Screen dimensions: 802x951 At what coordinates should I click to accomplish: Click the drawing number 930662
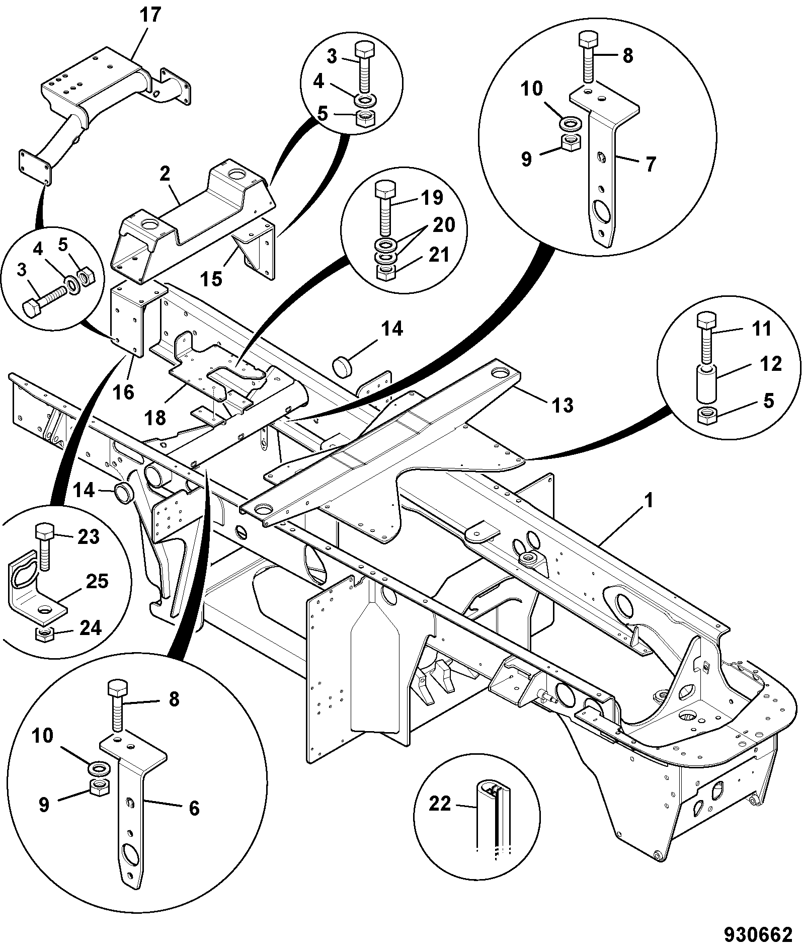tap(758, 935)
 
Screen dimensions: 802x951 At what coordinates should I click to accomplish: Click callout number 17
tap(150, 15)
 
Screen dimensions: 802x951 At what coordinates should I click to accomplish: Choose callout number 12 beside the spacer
tap(770, 363)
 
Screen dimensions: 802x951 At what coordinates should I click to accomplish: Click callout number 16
tap(124, 391)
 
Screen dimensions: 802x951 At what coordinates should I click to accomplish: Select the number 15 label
tap(212, 278)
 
